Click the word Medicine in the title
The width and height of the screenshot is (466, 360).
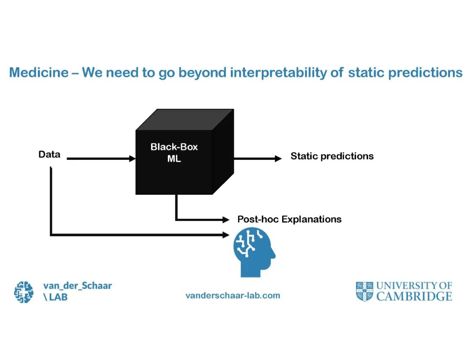pos(38,73)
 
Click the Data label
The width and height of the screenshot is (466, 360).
pos(49,155)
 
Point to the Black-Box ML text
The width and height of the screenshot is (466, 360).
pos(174,152)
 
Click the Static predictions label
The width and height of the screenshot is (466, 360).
pos(332,156)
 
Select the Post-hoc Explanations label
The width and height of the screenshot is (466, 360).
pos(289,219)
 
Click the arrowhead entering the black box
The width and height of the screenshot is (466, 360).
pos(132,159)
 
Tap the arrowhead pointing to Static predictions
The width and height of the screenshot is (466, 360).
pos(278,159)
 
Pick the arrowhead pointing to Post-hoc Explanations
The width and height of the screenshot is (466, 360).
pos(226,220)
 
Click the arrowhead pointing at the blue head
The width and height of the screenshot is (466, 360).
pos(226,235)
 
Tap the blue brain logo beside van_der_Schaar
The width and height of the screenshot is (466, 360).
pos(24,292)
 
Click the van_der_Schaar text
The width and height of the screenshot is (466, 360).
pos(77,286)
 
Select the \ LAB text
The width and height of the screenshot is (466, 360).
pos(55,297)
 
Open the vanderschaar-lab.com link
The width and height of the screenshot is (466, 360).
pos(233,296)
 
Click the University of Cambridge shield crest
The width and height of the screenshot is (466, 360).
pos(364,291)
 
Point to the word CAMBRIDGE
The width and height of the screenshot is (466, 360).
pos(414,297)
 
